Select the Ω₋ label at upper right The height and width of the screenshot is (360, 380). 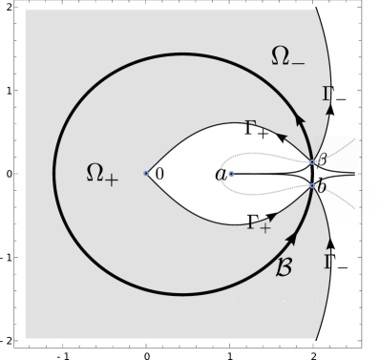pyautogui.click(x=287, y=57)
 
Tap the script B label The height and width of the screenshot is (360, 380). pyautogui.click(x=284, y=266)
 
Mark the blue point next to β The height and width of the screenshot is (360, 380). pyautogui.click(x=312, y=163)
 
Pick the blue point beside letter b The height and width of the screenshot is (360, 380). pyautogui.click(x=312, y=185)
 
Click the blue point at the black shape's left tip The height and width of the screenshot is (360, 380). pyautogui.click(x=146, y=174)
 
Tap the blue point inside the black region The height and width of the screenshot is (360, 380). pyautogui.click(x=231, y=174)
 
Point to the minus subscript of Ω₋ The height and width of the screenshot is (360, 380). pyautogui.click(x=298, y=63)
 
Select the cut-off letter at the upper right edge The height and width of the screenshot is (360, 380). pyautogui.click(x=327, y=94)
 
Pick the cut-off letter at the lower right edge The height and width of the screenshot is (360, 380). pyautogui.click(x=327, y=260)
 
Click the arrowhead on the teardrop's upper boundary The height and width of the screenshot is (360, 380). pyautogui.click(x=281, y=139)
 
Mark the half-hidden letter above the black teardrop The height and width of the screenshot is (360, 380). pyautogui.click(x=250, y=124)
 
